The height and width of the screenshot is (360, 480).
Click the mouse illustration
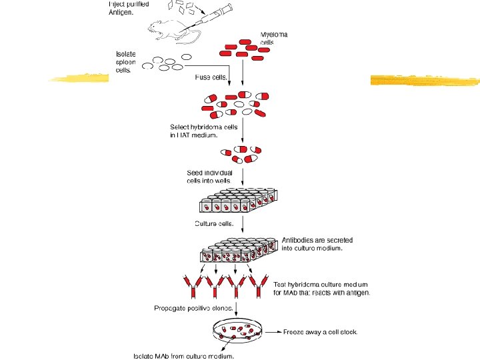click(x=167, y=29)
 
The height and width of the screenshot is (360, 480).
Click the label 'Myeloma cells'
click(x=274, y=38)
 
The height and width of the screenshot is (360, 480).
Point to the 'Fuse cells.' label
click(x=211, y=77)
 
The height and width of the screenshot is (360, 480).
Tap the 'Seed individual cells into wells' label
click(x=209, y=177)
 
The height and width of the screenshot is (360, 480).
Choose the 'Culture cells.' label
click(x=214, y=223)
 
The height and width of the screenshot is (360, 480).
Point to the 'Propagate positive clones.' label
click(x=194, y=308)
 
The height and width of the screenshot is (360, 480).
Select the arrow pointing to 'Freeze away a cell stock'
click(x=274, y=331)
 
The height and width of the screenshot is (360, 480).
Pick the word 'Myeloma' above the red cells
click(x=274, y=34)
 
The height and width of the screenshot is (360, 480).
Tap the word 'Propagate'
click(x=171, y=308)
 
